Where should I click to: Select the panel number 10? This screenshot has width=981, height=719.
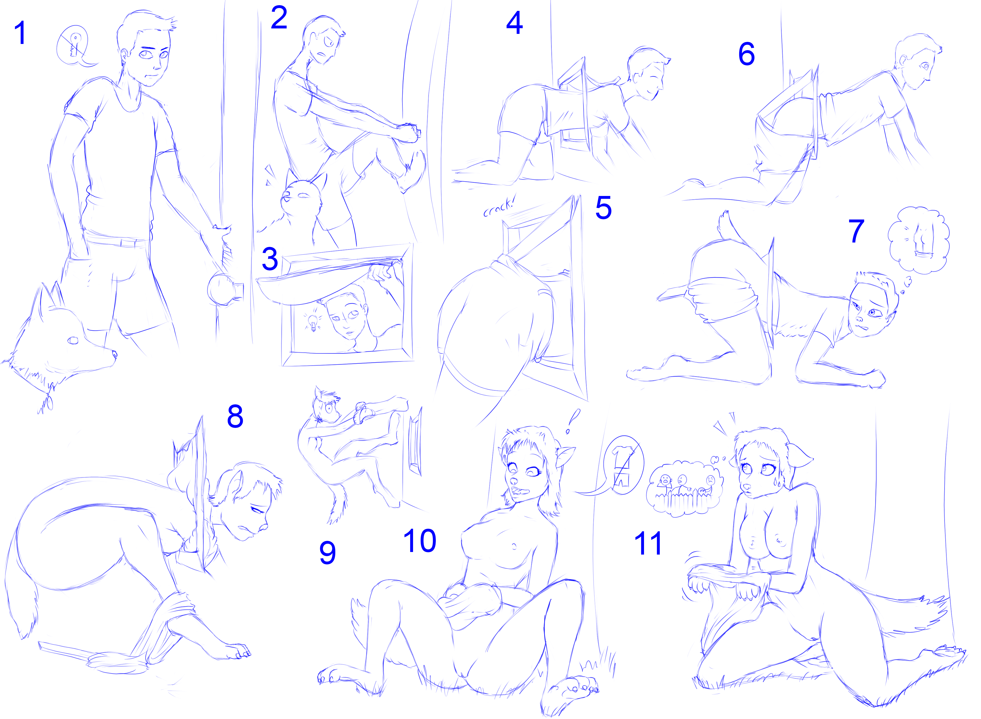pos(420,541)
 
